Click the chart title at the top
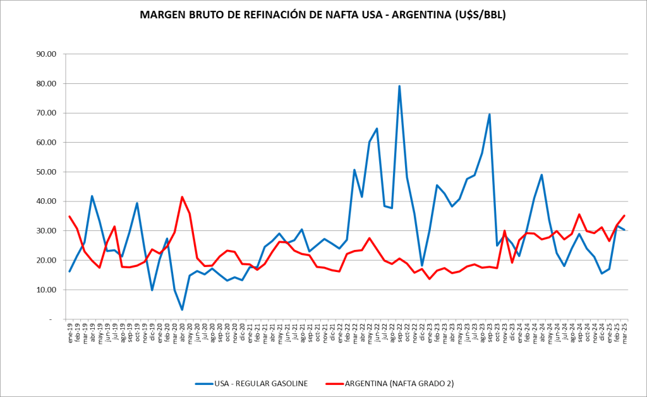coord(323,15)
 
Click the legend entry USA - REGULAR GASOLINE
coord(260,383)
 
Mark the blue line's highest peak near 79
coord(399,86)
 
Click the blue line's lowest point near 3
coord(182,310)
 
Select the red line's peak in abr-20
coord(182,197)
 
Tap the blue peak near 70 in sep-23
coord(490,114)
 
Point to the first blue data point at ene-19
coord(70,271)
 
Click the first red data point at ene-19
coord(70,216)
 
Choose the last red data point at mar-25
coord(624,216)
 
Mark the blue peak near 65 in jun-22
coord(377,129)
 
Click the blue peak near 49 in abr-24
coord(541,175)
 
